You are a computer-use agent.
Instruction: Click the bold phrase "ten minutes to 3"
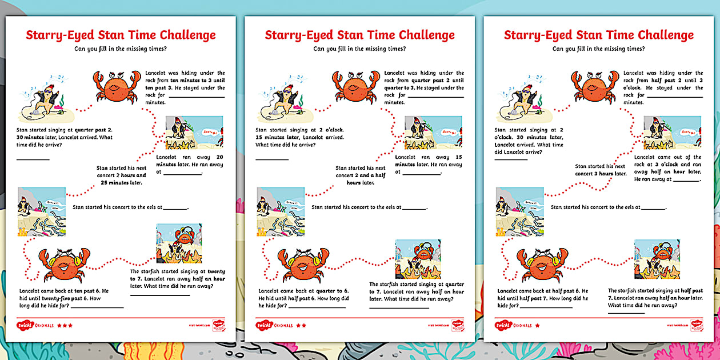[x=194, y=81]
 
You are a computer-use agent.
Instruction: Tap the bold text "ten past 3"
[x=157, y=88]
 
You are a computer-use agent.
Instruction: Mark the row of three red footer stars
[x=65, y=325]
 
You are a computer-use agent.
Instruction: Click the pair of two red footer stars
[x=301, y=325]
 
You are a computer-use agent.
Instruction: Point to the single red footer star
[x=538, y=325]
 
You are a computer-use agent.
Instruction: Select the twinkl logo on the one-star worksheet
[x=503, y=325]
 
